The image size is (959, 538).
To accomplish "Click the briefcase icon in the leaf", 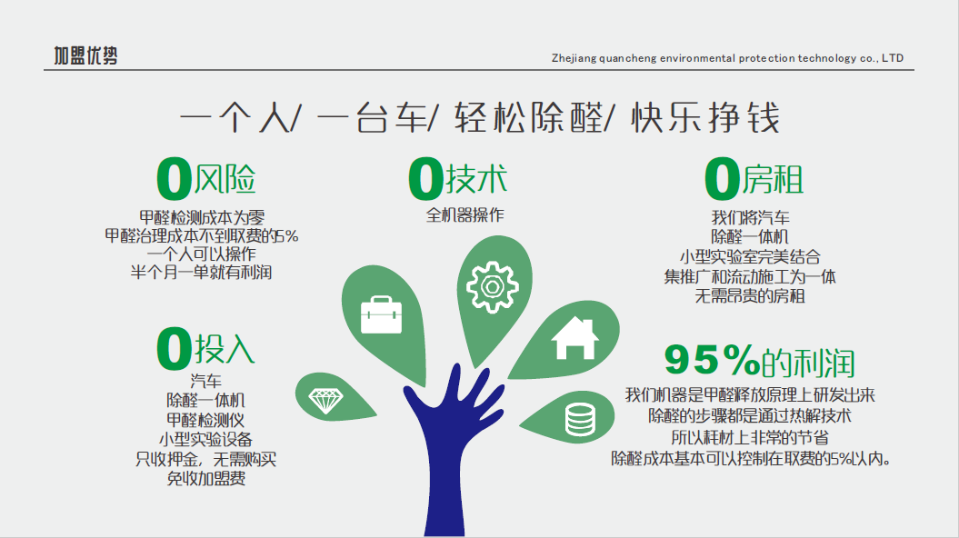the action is coord(381,314).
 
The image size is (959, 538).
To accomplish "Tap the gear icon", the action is coord(493,286).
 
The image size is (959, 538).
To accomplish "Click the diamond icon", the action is coord(326,401).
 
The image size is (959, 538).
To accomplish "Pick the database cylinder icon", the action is coord(580,420).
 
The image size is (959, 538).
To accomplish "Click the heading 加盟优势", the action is coord(85,55).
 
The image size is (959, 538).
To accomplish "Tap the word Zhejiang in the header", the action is coord(574,59).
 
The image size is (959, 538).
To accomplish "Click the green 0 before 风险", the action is coord(175,178).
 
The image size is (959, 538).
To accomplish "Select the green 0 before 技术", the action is coord(425,178).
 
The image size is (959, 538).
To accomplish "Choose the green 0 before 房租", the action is coord(723,178).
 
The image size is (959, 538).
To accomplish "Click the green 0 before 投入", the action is coord(175,348).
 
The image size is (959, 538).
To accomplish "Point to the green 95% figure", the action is coord(712,360).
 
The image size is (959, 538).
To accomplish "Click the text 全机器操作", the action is coord(465,215).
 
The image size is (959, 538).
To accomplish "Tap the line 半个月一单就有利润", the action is coord(201,272).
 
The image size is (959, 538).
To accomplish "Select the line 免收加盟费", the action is coord(206,479).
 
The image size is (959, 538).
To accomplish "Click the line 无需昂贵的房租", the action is coord(750,296).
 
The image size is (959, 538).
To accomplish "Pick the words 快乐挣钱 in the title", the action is coord(705,117).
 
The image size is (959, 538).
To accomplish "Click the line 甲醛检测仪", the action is coord(205,420).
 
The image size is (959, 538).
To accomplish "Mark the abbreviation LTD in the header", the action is coord(893,58).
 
